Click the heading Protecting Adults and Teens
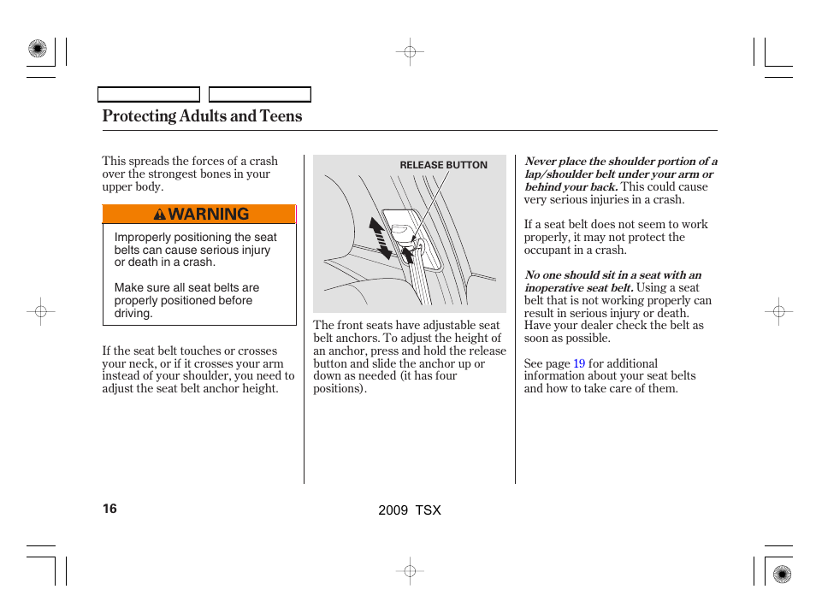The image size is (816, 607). point(202,116)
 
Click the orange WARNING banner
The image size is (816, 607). point(198,215)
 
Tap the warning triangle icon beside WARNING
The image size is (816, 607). point(160,215)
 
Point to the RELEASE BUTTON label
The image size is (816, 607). point(443,165)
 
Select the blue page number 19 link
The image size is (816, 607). point(579,363)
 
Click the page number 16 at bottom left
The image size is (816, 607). point(109,509)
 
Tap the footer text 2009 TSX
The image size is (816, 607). point(410,510)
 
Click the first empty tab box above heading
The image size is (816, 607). point(148,95)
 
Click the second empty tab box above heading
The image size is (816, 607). point(260,95)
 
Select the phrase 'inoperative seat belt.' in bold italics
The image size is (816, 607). point(578,288)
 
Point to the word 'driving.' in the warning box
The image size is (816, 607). point(133,314)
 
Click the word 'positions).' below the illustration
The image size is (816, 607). point(340,389)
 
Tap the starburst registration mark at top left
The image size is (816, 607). point(37,50)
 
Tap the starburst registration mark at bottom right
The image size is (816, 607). point(782,575)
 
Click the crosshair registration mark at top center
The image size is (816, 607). point(410,52)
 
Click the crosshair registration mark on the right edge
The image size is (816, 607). point(778,312)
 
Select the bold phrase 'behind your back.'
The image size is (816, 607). point(571,186)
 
